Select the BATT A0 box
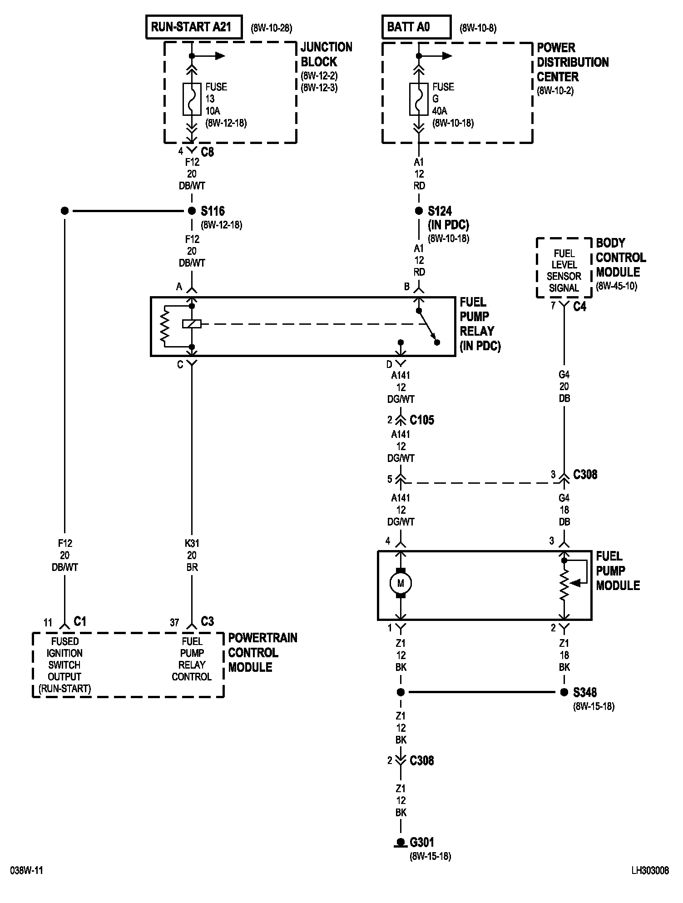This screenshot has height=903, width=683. pyautogui.click(x=416, y=27)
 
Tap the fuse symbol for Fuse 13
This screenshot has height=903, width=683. pyautogui.click(x=192, y=99)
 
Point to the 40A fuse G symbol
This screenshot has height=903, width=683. pyautogui.click(x=419, y=99)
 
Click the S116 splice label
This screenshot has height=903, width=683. pyautogui.click(x=213, y=211)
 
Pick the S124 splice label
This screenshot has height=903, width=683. pyautogui.click(x=440, y=211)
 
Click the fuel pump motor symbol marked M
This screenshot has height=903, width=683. pyautogui.click(x=401, y=583)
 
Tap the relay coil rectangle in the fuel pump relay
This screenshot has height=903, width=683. pyautogui.click(x=192, y=324)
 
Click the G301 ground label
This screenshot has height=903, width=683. pyautogui.click(x=422, y=843)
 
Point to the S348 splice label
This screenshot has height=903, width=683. pyautogui.click(x=585, y=692)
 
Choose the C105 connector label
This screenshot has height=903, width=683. pyautogui.click(x=422, y=420)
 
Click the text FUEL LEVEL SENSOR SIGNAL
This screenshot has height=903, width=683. pyautogui.click(x=564, y=271)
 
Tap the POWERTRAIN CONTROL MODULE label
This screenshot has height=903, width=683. pyautogui.click(x=262, y=653)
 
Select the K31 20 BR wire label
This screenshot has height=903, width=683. pyautogui.click(x=192, y=555)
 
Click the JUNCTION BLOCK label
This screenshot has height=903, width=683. pyautogui.click(x=327, y=54)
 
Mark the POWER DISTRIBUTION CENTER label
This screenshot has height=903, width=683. pyautogui.click(x=573, y=62)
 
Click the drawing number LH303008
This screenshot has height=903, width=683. pyautogui.click(x=650, y=871)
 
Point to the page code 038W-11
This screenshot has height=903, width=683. pyautogui.click(x=27, y=871)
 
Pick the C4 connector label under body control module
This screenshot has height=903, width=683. pyautogui.click(x=580, y=307)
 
